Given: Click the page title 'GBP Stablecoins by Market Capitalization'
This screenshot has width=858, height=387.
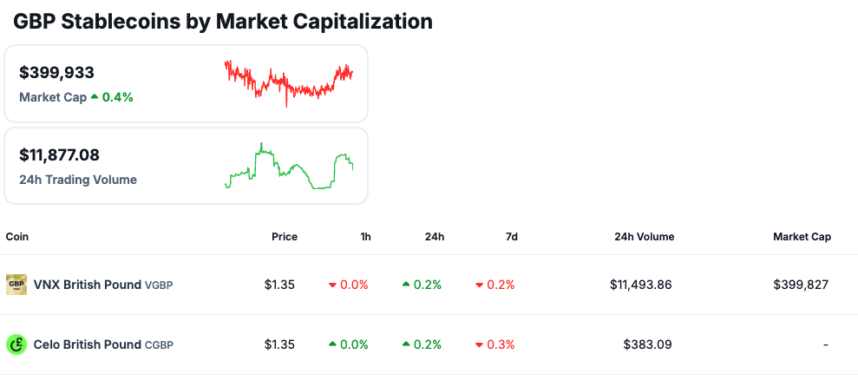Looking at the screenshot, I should [223, 22].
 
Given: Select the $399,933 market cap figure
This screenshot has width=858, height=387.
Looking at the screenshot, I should [56, 73].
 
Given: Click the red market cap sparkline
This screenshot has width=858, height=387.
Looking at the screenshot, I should [289, 82].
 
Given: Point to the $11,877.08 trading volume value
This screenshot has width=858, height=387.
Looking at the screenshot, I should [59, 155].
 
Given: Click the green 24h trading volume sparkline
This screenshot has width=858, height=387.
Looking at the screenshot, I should [289, 167].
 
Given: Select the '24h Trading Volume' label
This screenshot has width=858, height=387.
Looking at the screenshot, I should [78, 180].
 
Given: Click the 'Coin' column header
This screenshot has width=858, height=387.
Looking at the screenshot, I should [18, 237].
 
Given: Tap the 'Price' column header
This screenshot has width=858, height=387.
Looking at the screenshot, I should [284, 237].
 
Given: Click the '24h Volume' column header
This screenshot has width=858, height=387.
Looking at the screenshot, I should [644, 237].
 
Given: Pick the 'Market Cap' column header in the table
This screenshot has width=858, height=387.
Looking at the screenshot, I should [802, 237].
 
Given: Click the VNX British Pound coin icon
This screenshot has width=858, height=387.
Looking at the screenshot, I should [16, 285].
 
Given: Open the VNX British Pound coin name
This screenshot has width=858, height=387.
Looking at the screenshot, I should [87, 285].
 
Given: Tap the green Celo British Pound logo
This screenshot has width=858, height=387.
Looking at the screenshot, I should [16, 344].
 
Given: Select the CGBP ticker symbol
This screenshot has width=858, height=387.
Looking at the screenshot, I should [159, 345].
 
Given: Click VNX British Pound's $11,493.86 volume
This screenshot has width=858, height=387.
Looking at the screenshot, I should [640, 285].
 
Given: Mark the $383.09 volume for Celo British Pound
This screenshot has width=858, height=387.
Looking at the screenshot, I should [647, 344].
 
